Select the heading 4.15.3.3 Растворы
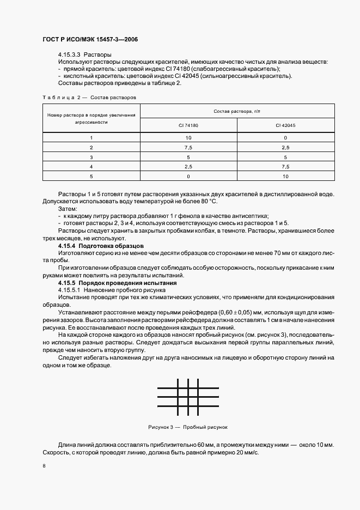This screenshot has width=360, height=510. tap(84, 55)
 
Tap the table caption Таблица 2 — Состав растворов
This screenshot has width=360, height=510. tap(89, 97)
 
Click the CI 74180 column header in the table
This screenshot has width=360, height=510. tap(188, 125)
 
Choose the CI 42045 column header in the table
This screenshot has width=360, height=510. tap(285, 125)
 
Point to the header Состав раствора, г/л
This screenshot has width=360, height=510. tap(237, 111)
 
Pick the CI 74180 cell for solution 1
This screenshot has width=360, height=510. tap(188, 138)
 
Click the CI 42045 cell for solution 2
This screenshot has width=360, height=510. tap(285, 148)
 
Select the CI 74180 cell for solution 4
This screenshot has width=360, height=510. tap(188, 166)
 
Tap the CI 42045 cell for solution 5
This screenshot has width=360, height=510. tap(285, 176)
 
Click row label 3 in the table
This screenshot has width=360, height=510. tap(91, 157)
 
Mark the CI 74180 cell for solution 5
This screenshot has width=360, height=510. tap(188, 176)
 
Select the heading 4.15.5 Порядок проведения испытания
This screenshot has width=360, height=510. tap(117, 283)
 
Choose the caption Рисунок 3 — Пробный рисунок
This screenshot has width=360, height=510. tap(187, 427)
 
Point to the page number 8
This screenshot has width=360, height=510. tap(44, 466)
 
